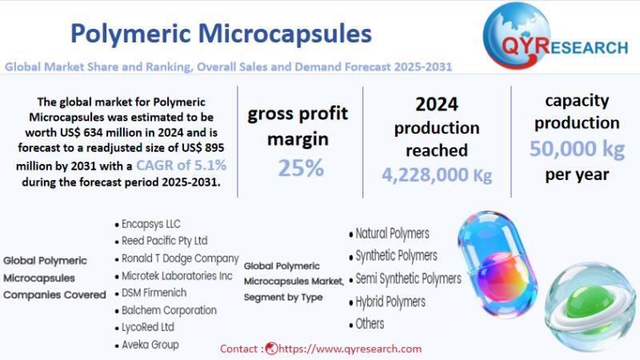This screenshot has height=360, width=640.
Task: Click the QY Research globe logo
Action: coord(517,35)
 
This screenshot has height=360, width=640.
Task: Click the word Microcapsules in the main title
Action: coord(285,34)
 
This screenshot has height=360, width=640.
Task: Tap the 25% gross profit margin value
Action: coord(301,168)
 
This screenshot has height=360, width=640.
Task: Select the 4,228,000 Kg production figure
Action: coord(437,174)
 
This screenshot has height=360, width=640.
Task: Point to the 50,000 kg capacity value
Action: coord(577,149)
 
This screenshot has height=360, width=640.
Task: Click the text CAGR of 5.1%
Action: coord(182,166)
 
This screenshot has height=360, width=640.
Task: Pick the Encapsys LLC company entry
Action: coord(150,224)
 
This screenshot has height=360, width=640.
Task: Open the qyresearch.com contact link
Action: coord(350,349)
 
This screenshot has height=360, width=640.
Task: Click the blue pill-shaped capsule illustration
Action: coord(498,264)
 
